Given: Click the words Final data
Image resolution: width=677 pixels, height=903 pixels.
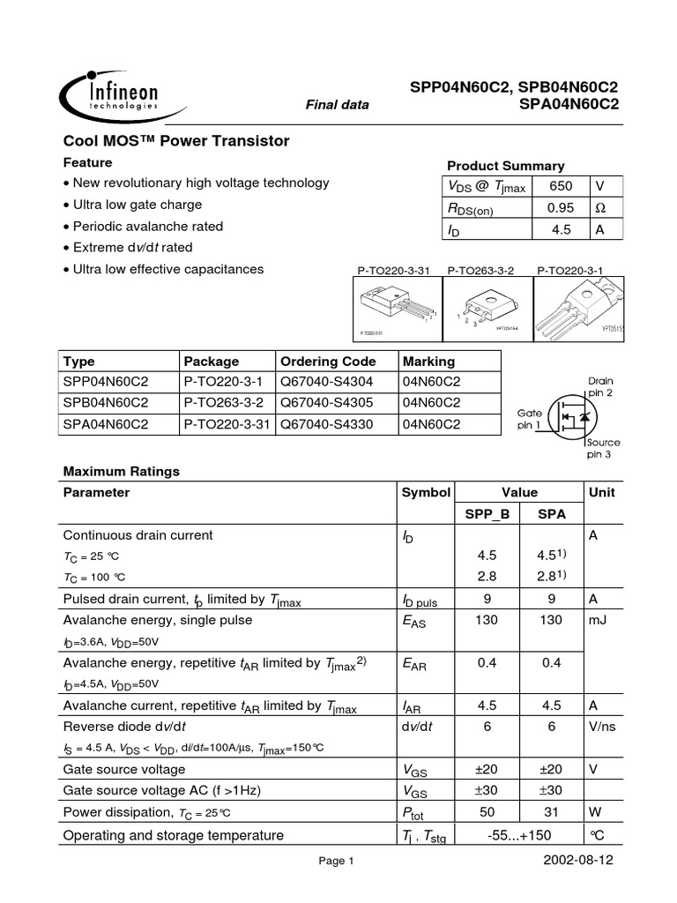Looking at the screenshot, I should (337, 105).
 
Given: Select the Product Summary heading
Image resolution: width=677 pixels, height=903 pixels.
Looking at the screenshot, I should (505, 166).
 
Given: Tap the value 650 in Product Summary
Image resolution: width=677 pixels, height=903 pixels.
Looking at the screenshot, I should (561, 186).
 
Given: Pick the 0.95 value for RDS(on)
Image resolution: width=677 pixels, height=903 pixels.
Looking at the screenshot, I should (561, 208).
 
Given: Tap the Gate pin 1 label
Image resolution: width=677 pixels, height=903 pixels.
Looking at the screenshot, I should (531, 419).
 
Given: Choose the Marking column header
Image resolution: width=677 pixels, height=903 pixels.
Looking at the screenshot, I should (428, 362).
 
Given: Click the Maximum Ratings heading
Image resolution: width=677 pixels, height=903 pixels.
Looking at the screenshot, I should (122, 471).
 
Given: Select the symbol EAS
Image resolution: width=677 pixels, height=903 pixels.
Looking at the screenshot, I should (414, 621).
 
